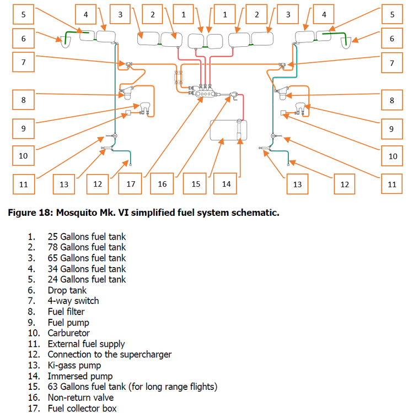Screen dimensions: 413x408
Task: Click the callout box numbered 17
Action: tap(131, 184)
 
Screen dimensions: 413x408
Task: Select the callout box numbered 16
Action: tap(162, 184)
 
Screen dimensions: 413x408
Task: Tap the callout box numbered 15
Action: tap(196, 184)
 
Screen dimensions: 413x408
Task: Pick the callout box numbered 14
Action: tap(226, 184)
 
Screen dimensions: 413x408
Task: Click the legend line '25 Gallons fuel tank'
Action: tap(86, 237)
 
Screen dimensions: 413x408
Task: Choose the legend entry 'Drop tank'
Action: tap(67, 290)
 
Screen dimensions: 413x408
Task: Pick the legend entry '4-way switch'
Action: tap(73, 301)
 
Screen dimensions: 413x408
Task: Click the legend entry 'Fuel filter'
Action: tap(66, 312)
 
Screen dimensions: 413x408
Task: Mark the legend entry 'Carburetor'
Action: tap(68, 333)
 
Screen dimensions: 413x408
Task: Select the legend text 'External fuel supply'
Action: tap(86, 344)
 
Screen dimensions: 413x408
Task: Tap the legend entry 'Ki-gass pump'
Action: tap(74, 365)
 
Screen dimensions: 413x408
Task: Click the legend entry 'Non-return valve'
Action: tap(80, 398)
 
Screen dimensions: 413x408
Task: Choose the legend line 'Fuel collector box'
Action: tap(82, 408)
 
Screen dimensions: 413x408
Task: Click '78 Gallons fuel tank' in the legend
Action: tap(86, 247)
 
